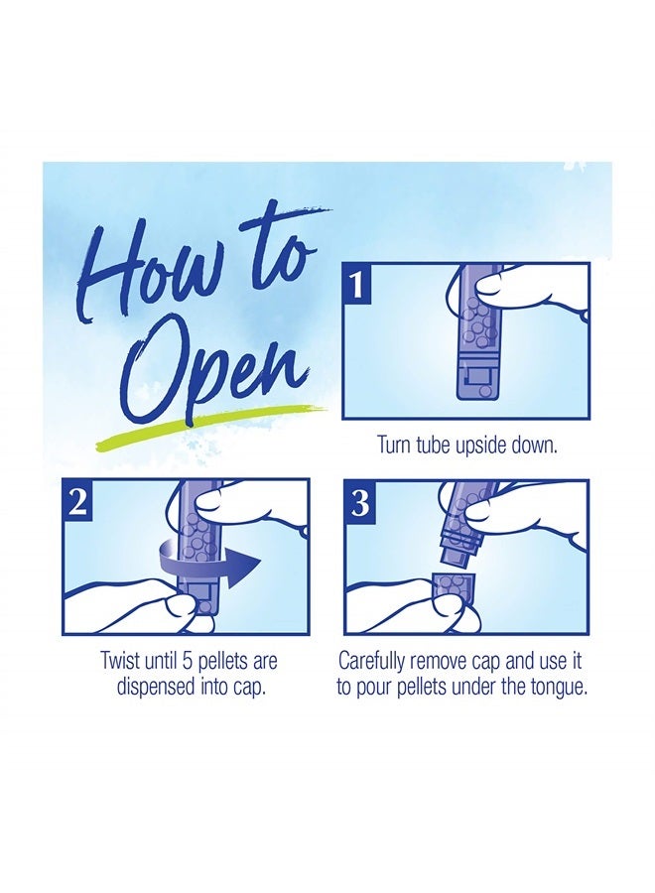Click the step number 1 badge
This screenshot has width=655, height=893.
coord(356,287)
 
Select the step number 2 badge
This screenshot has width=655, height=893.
coord(76,502)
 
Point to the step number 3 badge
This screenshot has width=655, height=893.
coord(359,504)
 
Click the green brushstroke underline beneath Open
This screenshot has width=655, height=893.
coord(210,423)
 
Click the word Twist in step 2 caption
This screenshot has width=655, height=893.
coord(121,661)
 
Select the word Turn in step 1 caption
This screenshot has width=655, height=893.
coord(394,446)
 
